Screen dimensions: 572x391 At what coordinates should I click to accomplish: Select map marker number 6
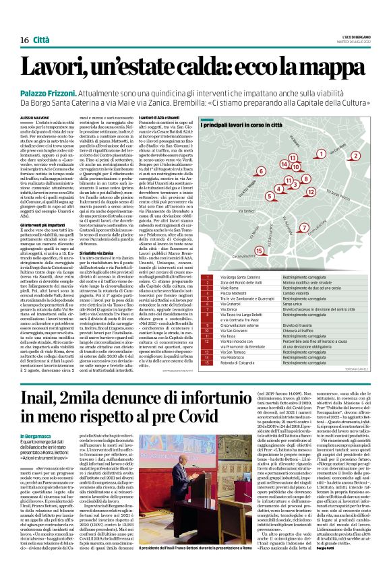(260, 171)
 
